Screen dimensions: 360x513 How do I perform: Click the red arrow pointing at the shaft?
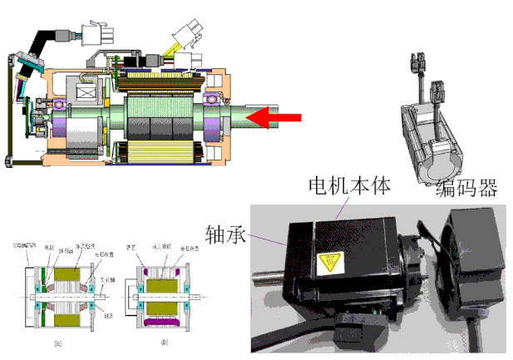tap(274, 118)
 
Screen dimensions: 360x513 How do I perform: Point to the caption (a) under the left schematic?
tap(57, 342)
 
